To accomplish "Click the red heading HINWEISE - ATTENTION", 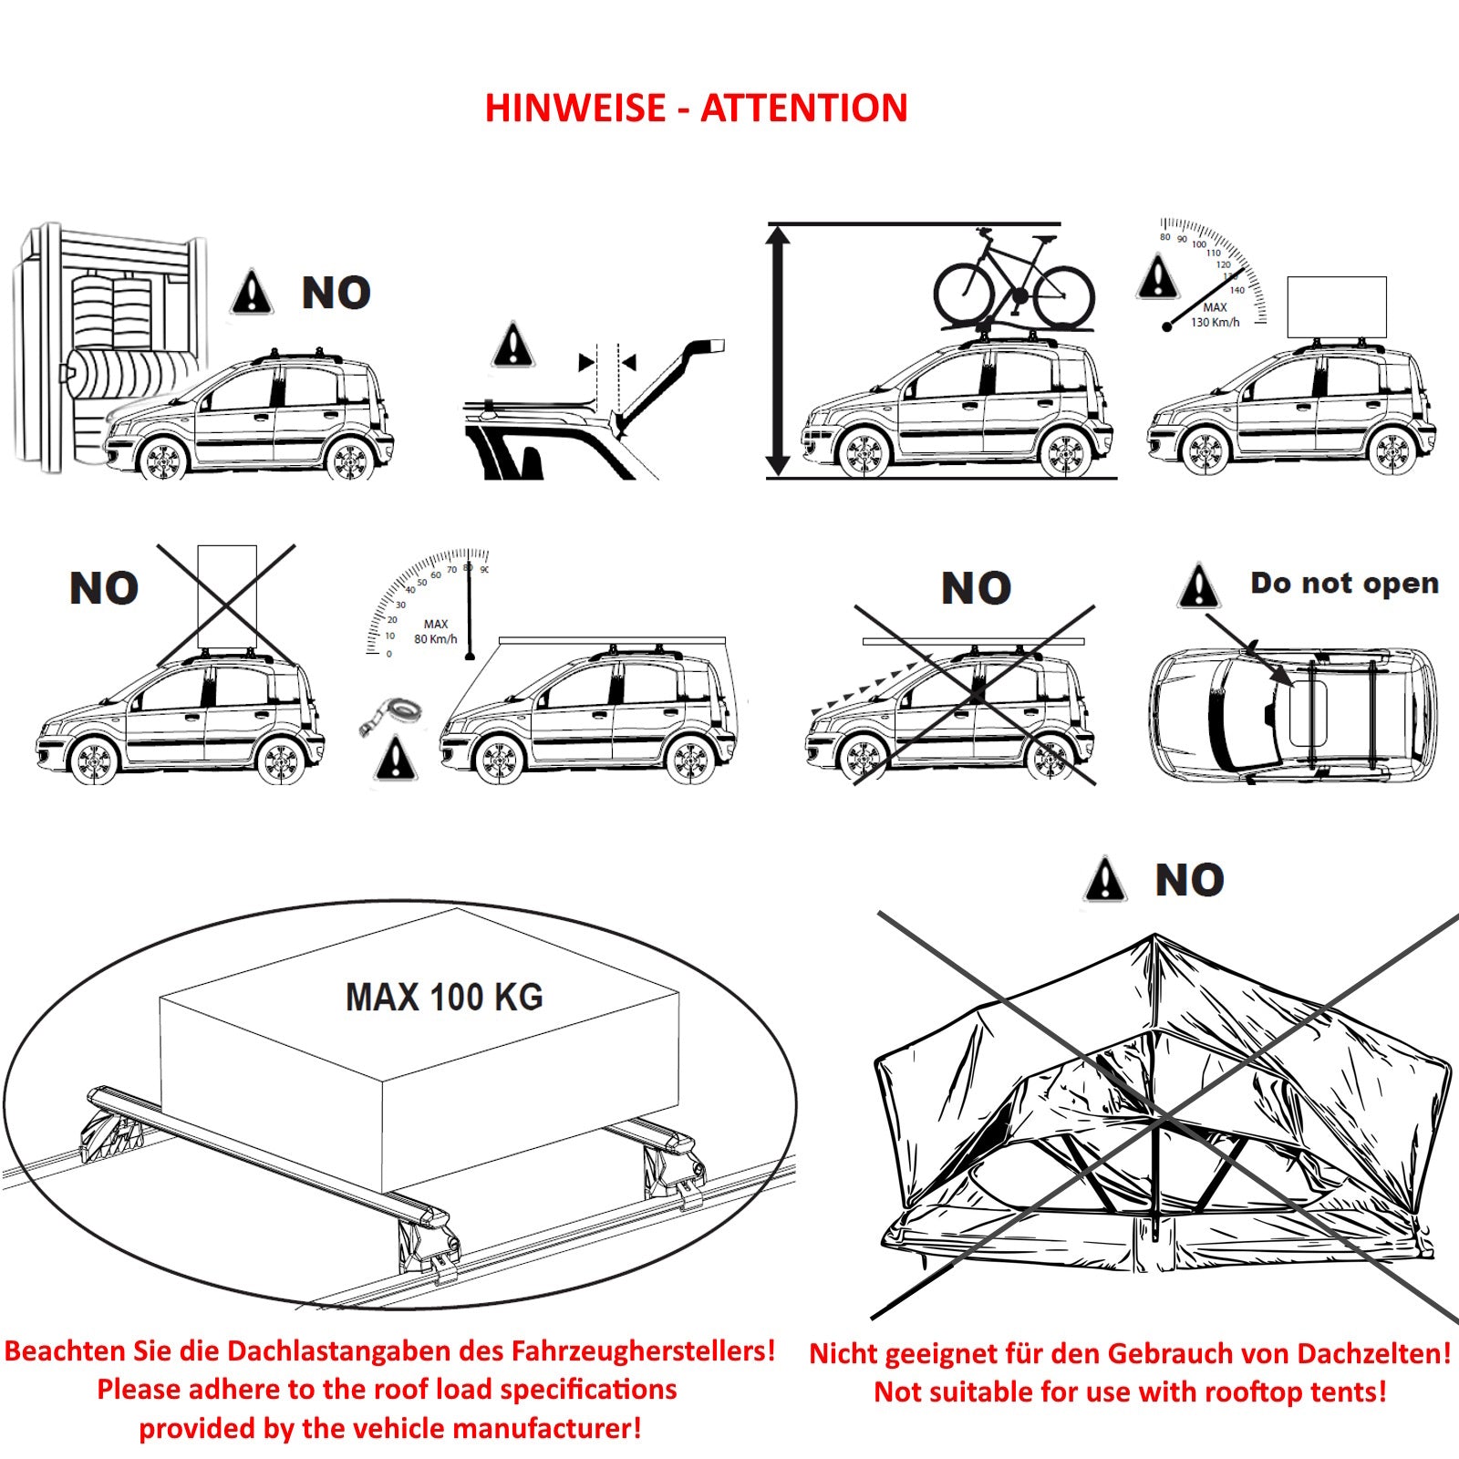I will pos(696,109).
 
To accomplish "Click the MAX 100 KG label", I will pos(444,997).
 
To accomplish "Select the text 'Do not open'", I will pos(1344,583).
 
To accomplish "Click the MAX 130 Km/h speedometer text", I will pos(1215,316).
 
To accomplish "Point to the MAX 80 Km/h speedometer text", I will pos(435,632).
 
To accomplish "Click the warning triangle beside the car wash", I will pos(252,294).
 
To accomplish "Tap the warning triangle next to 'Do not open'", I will pos(1198,586).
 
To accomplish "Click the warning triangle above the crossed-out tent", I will pos(1105,880).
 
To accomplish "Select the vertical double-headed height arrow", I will pos(778,351).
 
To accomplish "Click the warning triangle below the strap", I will pos(395,759).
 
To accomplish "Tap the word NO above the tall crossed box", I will pos(104,588).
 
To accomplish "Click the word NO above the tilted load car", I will pos(976,588).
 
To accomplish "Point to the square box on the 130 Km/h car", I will pos(1336,307).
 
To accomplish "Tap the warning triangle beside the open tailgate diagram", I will pos(513,346).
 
